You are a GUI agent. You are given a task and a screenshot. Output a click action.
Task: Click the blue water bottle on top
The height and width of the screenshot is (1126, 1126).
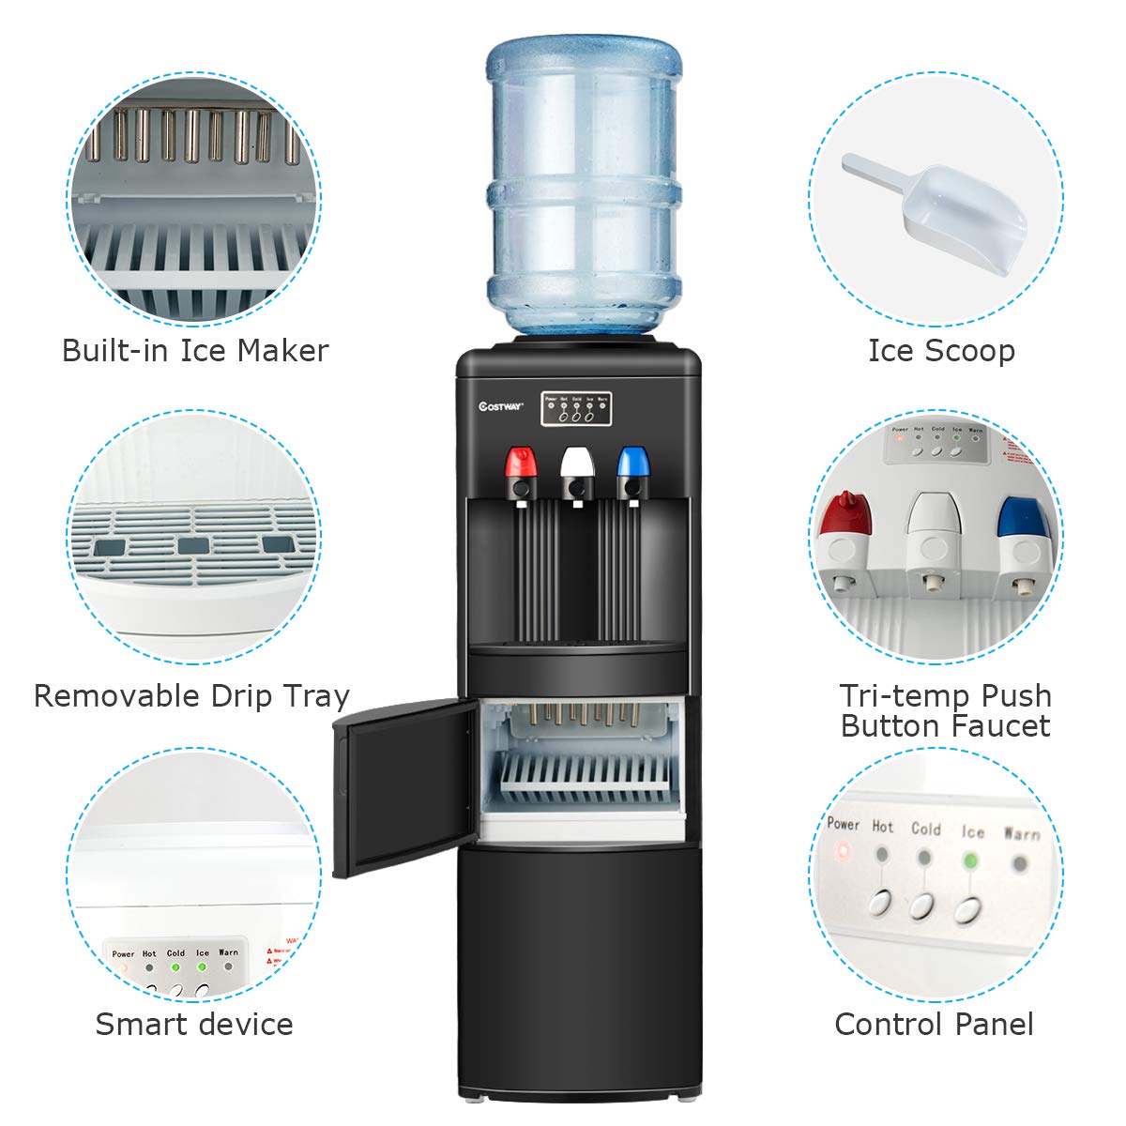tap(583, 188)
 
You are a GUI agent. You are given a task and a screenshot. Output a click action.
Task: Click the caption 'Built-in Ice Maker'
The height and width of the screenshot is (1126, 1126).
tap(195, 351)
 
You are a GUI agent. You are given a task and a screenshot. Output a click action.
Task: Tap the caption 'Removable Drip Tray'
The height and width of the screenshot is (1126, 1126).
tap(191, 696)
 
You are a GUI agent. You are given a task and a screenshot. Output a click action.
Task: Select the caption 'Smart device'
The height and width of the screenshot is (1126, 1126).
tap(194, 1024)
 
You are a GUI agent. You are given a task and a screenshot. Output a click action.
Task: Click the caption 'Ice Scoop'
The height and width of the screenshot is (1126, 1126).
tap(941, 351)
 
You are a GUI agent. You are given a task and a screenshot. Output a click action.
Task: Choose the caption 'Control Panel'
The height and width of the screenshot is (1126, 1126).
tap(934, 1024)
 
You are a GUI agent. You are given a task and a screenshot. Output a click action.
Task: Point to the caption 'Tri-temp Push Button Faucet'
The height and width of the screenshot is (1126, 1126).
tap(945, 710)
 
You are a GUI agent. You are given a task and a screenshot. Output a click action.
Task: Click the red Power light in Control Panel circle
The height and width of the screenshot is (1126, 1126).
tap(843, 852)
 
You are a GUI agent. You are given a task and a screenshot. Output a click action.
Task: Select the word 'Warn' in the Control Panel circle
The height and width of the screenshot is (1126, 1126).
tap(1021, 833)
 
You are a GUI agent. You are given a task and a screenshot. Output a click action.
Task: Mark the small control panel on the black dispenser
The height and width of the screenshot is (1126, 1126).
tap(576, 408)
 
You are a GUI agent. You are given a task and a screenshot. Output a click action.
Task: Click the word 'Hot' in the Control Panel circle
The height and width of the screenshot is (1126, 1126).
tap(883, 827)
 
